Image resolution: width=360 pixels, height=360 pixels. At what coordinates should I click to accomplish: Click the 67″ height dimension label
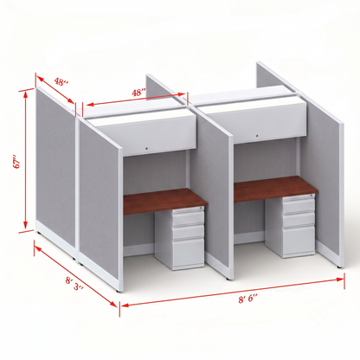18,163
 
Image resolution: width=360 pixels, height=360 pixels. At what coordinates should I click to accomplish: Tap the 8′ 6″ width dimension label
248,299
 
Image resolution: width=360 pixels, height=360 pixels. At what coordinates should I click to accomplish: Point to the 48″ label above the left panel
61,82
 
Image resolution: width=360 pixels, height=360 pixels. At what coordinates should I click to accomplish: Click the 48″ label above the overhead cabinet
138,93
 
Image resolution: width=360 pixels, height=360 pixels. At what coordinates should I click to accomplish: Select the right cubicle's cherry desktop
274,188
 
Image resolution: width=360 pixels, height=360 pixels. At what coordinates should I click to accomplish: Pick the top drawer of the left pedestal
189,216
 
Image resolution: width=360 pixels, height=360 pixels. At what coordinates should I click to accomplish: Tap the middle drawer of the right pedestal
299,220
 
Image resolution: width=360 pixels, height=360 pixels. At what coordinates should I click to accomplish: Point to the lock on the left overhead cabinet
146,149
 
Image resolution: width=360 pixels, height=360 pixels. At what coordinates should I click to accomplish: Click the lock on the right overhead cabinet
257,135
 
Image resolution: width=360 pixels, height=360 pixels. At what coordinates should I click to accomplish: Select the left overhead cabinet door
145,135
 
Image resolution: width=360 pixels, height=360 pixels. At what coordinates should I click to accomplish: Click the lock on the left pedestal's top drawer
201,209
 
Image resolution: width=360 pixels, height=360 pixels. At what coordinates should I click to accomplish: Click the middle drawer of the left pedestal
189,232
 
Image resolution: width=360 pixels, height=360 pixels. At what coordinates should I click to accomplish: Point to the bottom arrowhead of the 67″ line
26,225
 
